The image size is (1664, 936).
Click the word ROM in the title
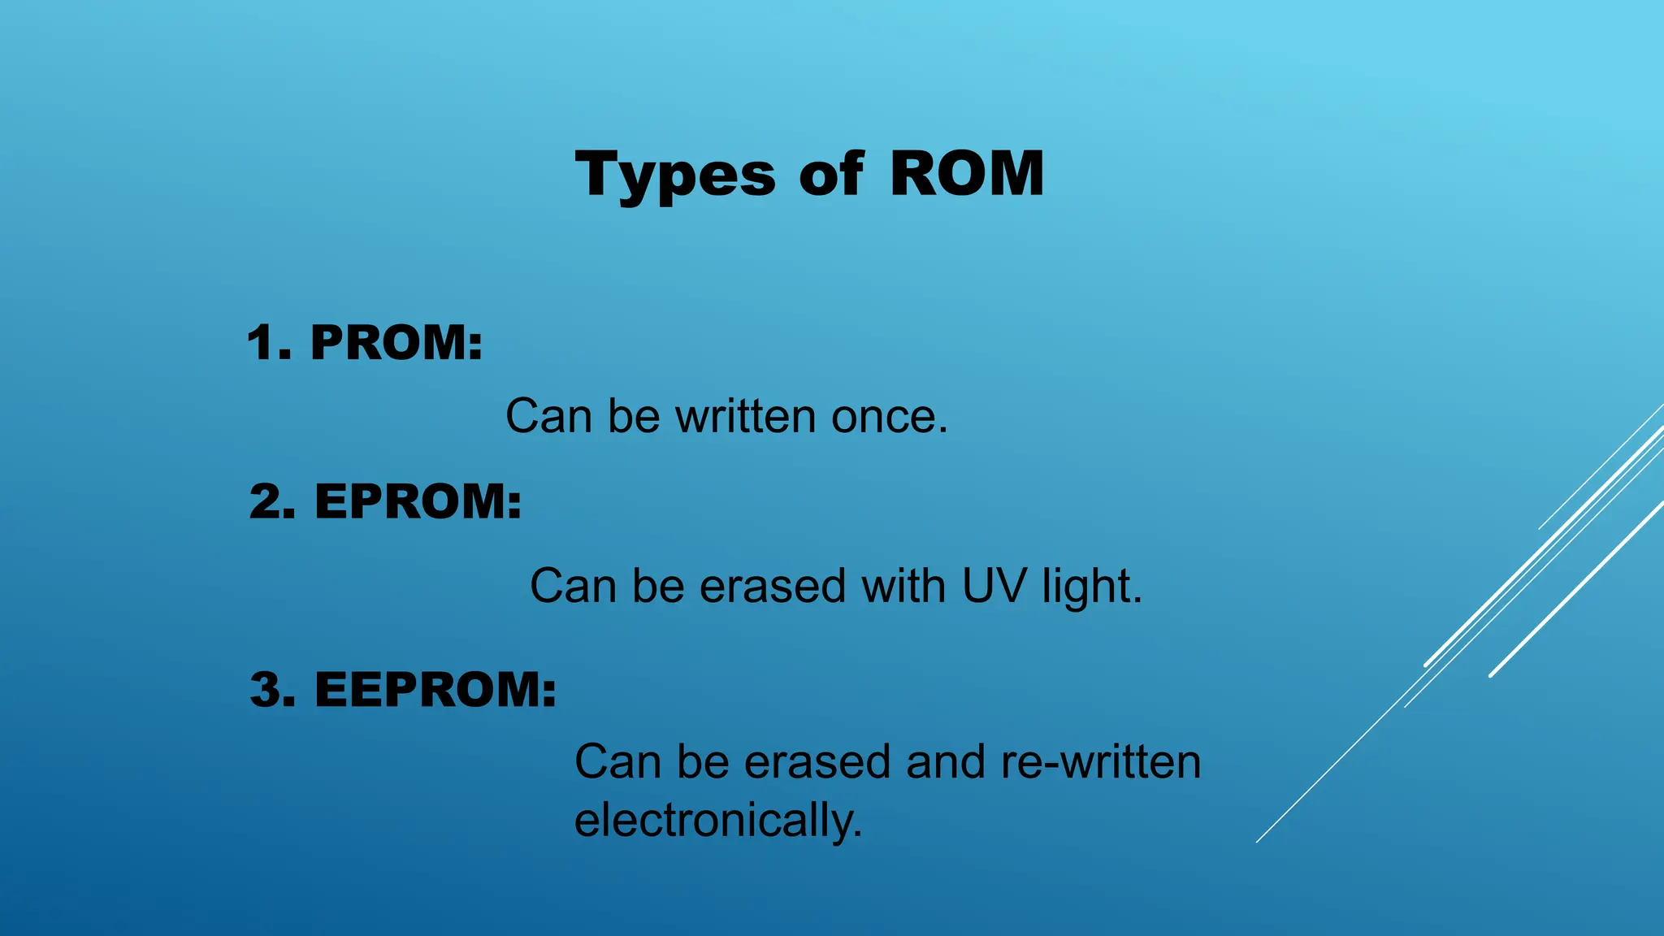pyautogui.click(x=966, y=174)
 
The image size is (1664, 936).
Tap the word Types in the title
pyautogui.click(x=675, y=175)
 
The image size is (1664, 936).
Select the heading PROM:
pyautogui.click(x=396, y=342)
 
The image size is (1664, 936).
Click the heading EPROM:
pyautogui.click(x=418, y=500)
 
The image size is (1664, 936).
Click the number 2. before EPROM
pyautogui.click(x=273, y=500)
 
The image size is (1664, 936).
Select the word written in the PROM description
pyautogui.click(x=746, y=417)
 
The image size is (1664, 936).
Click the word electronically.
pyautogui.click(x=718, y=820)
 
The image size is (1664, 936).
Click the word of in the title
pyautogui.click(x=830, y=174)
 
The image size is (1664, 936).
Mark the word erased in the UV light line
pyautogui.click(x=773, y=586)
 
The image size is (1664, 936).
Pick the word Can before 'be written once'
pyautogui.click(x=548, y=417)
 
